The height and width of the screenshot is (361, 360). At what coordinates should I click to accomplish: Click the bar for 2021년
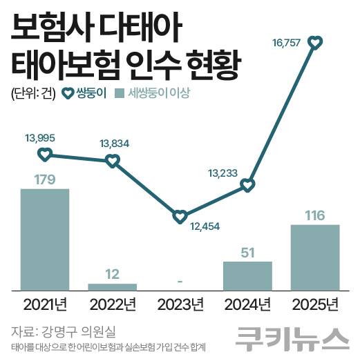(x=45, y=239)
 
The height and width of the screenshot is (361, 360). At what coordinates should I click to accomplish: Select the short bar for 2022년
(x=112, y=286)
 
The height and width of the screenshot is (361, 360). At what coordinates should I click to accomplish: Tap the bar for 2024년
(x=247, y=275)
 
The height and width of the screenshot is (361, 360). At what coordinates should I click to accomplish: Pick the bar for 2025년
(x=314, y=257)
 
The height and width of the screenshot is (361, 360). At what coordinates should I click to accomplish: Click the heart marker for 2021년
(x=45, y=155)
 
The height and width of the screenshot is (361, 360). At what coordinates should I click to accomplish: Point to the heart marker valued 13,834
(x=112, y=161)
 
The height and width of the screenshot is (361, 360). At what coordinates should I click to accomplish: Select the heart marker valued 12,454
(x=180, y=217)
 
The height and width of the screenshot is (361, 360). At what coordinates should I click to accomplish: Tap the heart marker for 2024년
(x=247, y=185)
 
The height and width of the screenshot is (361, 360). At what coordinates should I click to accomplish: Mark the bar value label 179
(x=45, y=180)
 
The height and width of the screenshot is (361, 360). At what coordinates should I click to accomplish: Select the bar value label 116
(x=314, y=216)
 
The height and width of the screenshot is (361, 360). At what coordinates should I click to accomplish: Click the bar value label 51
(x=247, y=253)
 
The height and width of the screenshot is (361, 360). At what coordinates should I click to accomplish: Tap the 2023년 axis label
(x=180, y=304)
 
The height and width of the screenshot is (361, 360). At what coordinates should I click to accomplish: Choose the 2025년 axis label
(x=314, y=304)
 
